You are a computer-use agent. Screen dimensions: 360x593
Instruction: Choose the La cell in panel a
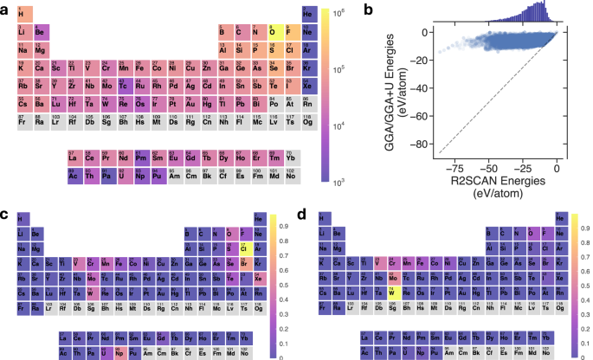pos(73,159)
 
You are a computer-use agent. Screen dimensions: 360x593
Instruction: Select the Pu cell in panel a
pos(158,175)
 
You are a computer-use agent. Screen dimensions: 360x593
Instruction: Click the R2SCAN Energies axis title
pos(485,183)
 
